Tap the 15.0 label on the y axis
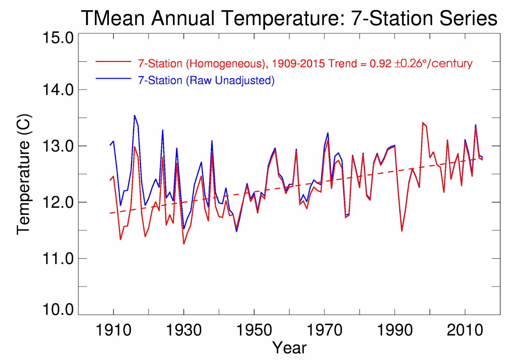click(x=58, y=38)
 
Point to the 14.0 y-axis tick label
click(x=58, y=90)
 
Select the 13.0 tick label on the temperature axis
click(x=58, y=146)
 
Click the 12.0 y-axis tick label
click(x=58, y=202)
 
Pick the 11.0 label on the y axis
click(x=58, y=259)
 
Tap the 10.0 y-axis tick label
click(x=58, y=310)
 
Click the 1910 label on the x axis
click(x=113, y=330)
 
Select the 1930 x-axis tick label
click(x=184, y=330)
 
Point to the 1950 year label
click(x=254, y=330)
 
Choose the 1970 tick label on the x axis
click(x=324, y=330)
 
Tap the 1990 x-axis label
click(x=395, y=330)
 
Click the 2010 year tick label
click(x=465, y=330)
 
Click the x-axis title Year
click(x=289, y=348)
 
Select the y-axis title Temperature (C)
click(x=24, y=174)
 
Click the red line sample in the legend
click(x=113, y=61)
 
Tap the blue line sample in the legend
click(x=113, y=78)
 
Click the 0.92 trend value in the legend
click(x=380, y=64)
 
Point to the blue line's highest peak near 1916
click(x=135, y=115)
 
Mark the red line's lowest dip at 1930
click(x=184, y=244)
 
